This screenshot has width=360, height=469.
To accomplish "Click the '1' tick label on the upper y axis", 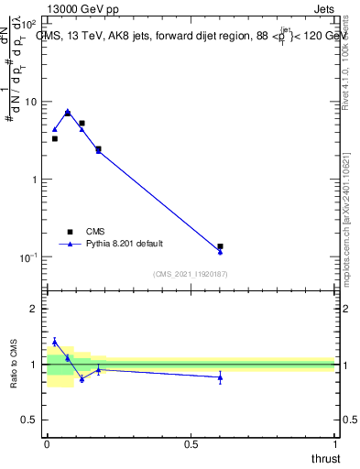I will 34,180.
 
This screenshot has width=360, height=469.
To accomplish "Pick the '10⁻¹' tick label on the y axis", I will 28,256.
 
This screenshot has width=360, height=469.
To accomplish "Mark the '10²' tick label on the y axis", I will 28,24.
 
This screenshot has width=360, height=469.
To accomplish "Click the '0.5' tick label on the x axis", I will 191,444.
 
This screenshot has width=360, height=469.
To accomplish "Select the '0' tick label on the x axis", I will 47,444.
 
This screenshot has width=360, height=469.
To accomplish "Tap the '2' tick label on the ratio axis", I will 34,309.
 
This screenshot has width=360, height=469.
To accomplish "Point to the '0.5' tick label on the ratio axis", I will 29,420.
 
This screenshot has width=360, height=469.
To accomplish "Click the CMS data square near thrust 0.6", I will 220,246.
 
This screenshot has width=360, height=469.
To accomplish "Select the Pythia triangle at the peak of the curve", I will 68,112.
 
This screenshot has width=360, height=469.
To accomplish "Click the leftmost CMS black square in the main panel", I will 54,138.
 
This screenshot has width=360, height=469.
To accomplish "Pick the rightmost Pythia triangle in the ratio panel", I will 220,376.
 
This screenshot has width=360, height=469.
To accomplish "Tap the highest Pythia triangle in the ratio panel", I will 54,342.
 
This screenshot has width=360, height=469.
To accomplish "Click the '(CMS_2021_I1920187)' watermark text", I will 190,274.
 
